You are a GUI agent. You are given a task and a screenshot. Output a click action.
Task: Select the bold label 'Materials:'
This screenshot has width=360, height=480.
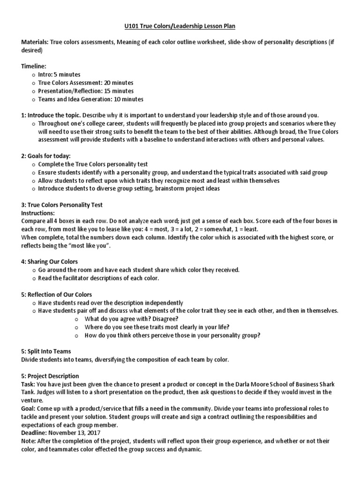(x=35, y=42)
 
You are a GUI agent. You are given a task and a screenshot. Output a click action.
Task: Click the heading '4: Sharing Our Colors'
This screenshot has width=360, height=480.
(x=50, y=262)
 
